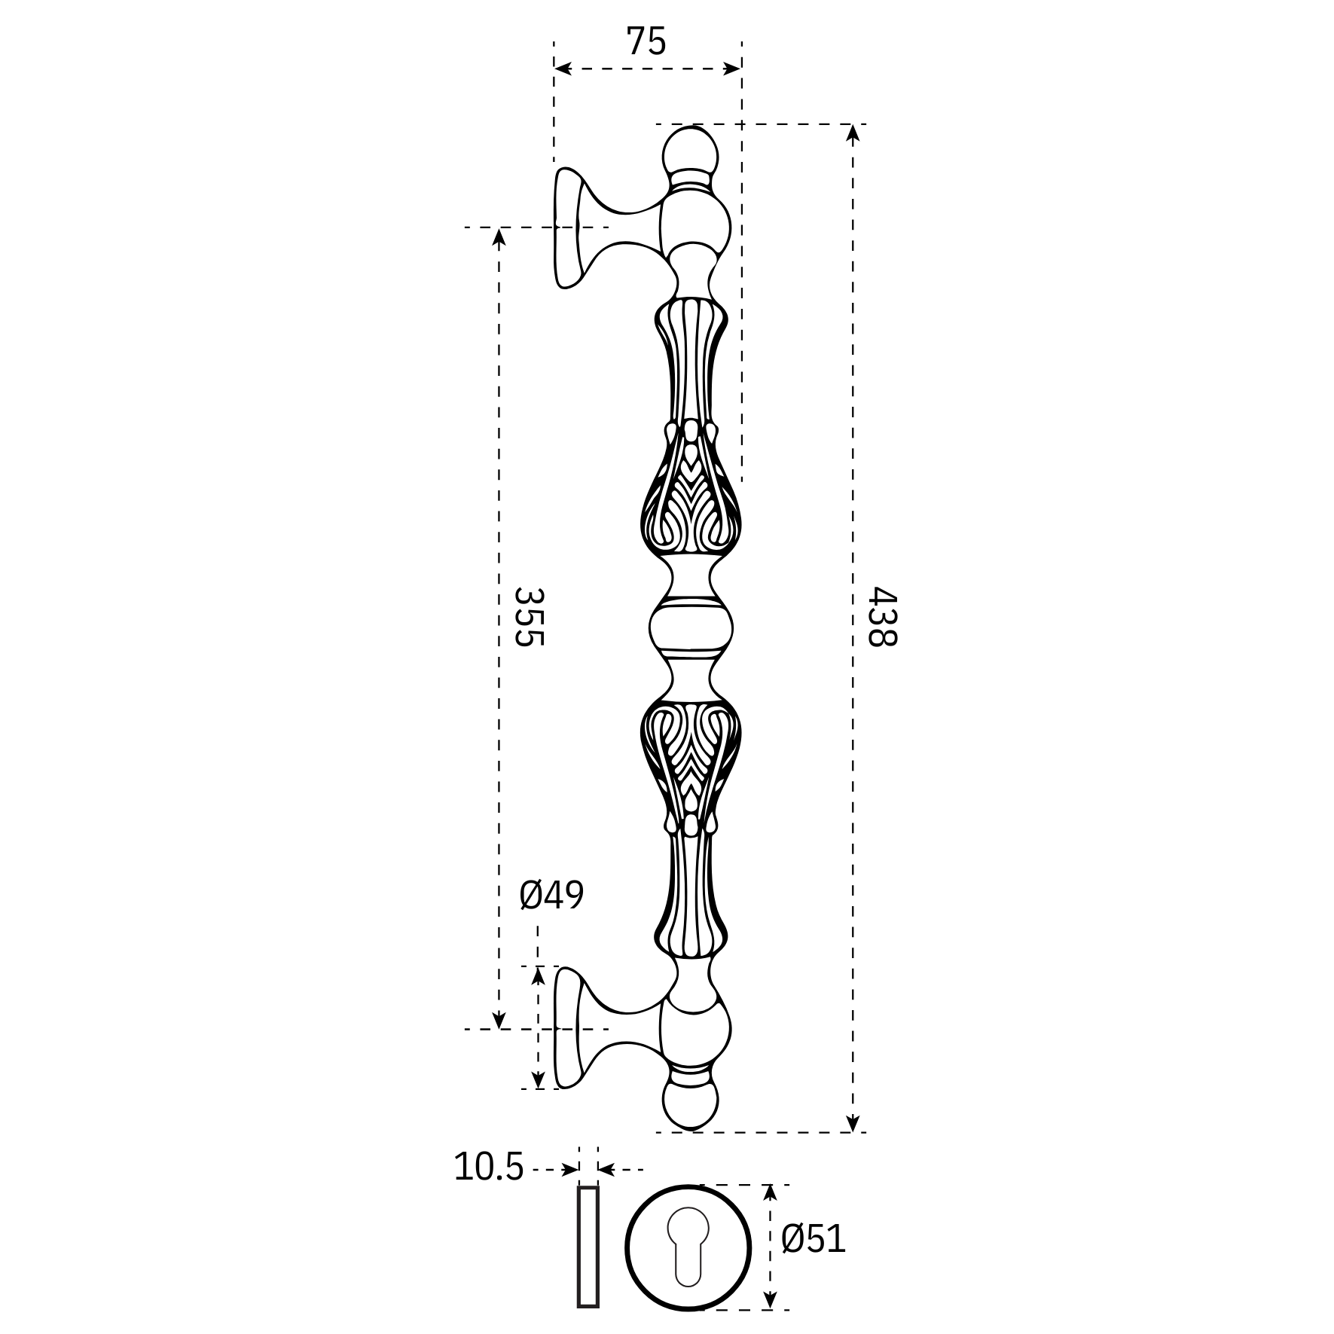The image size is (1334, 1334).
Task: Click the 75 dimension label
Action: [646, 41]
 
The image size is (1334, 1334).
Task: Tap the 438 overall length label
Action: [881, 617]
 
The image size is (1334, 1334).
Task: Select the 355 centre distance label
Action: [528, 617]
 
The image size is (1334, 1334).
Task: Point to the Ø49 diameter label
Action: [551, 895]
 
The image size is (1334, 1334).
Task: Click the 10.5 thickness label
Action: [489, 1167]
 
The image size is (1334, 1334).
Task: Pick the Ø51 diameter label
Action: [814, 1238]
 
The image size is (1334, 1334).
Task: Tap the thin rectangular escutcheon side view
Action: [588, 1247]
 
